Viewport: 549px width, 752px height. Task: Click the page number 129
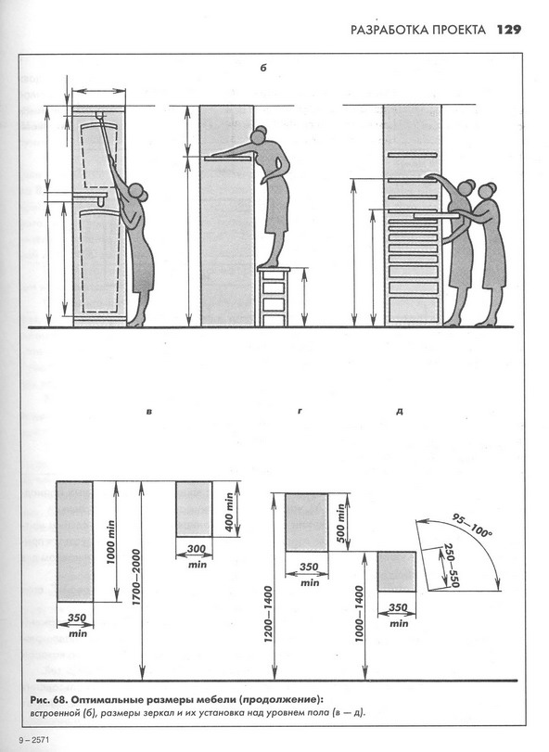(x=509, y=30)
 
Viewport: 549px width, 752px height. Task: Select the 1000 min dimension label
(x=111, y=542)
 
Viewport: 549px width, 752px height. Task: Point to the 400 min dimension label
(x=229, y=512)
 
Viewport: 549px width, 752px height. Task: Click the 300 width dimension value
(x=196, y=549)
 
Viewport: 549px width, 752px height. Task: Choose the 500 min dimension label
(x=340, y=523)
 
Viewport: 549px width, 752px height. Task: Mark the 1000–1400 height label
(x=360, y=614)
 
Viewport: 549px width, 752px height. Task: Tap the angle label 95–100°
(x=473, y=525)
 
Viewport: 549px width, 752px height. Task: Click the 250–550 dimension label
(x=452, y=566)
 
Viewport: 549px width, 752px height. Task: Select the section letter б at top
(x=263, y=68)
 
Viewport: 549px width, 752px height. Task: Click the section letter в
(x=149, y=412)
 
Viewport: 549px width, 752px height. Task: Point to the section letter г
(x=300, y=411)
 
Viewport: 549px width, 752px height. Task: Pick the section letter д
(x=400, y=412)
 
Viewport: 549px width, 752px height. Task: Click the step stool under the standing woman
(x=274, y=297)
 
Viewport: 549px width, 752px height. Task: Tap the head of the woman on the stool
(x=260, y=134)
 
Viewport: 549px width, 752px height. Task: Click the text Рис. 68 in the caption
(x=48, y=700)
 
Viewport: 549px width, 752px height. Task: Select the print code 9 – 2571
(x=34, y=740)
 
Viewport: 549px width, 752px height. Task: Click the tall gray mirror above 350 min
(x=74, y=541)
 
